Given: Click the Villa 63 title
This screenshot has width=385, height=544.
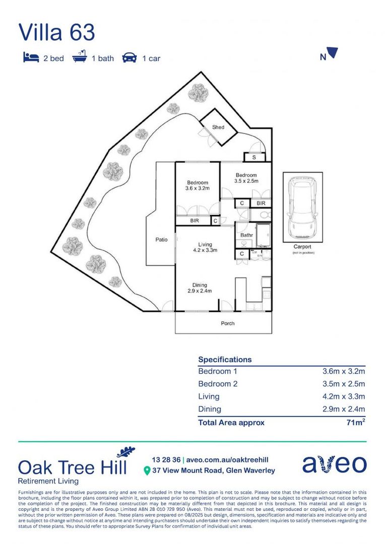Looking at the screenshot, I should [56, 32].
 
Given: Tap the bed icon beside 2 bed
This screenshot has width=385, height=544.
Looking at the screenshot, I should [31, 58].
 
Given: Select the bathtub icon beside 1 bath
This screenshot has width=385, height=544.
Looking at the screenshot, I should [80, 57].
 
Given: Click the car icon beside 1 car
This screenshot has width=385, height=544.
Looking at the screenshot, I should [130, 58].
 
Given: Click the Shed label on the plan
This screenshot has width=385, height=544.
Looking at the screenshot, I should [218, 127].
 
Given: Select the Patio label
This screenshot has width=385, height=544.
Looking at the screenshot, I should [161, 240].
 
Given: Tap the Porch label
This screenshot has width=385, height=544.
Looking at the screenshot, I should [228, 323].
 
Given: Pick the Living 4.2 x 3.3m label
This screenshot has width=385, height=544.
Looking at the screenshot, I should [205, 247].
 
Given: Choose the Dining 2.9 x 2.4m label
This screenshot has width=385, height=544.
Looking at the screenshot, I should [200, 288].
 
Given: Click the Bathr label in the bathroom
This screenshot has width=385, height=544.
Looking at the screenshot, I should [246, 235].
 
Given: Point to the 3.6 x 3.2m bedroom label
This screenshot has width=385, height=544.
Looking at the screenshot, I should [197, 185].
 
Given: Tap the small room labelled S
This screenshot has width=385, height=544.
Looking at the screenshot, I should [254, 158].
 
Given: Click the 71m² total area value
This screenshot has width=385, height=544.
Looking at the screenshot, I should [355, 423].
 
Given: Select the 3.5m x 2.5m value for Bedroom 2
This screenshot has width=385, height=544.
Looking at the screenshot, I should [343, 384].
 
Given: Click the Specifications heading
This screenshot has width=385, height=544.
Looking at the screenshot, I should [225, 360].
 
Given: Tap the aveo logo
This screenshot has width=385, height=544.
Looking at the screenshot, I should [334, 464].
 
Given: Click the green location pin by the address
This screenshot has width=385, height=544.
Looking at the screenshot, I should [147, 471].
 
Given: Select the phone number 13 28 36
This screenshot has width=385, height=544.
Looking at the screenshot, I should [166, 459].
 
